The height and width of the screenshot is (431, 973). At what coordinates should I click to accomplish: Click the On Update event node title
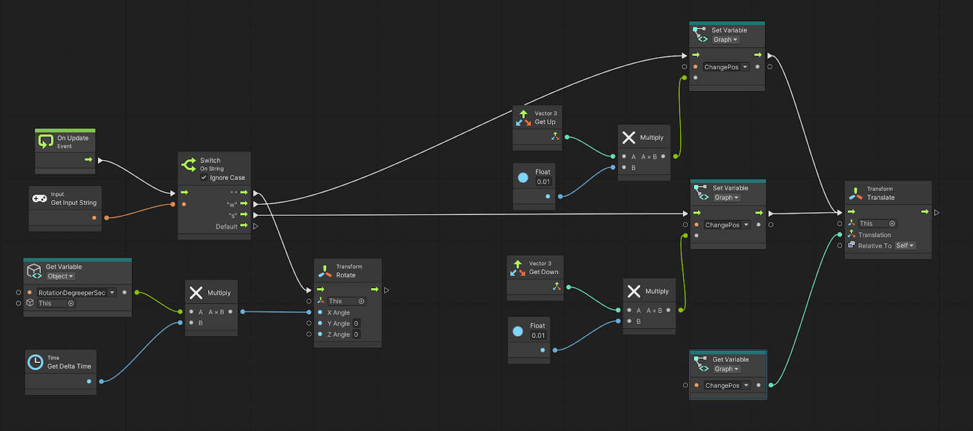click(x=72, y=138)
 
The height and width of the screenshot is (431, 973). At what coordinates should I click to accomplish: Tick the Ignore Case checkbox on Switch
click(x=204, y=178)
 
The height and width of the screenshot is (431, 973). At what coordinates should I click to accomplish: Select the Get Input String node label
click(x=74, y=202)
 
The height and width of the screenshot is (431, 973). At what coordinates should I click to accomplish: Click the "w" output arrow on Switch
click(x=244, y=204)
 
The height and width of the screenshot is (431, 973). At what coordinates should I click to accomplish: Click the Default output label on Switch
click(x=226, y=226)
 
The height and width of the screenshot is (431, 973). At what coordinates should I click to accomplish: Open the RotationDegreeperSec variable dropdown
click(x=112, y=292)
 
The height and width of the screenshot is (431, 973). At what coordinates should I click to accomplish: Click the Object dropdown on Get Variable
click(x=60, y=276)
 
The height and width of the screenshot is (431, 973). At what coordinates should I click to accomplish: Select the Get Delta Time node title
click(x=69, y=366)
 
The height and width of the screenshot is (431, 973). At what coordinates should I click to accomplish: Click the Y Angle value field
click(x=356, y=323)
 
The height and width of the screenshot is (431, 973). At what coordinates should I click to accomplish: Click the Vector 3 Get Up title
click(x=545, y=122)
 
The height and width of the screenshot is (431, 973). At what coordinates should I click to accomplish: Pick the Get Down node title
click(x=544, y=272)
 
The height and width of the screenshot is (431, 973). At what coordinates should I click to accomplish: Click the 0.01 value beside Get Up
click(x=543, y=182)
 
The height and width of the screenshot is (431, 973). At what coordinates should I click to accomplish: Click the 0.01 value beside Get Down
click(x=538, y=336)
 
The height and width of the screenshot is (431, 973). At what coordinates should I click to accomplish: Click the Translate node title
click(x=881, y=198)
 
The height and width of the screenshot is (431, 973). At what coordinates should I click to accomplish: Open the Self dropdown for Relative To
click(x=905, y=246)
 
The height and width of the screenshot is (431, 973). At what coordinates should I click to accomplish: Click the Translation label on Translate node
click(x=874, y=235)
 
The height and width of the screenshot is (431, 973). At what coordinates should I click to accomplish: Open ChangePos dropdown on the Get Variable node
click(x=746, y=385)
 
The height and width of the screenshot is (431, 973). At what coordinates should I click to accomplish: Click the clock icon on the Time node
click(x=36, y=362)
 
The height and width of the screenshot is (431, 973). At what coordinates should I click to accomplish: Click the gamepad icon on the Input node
click(x=40, y=199)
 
